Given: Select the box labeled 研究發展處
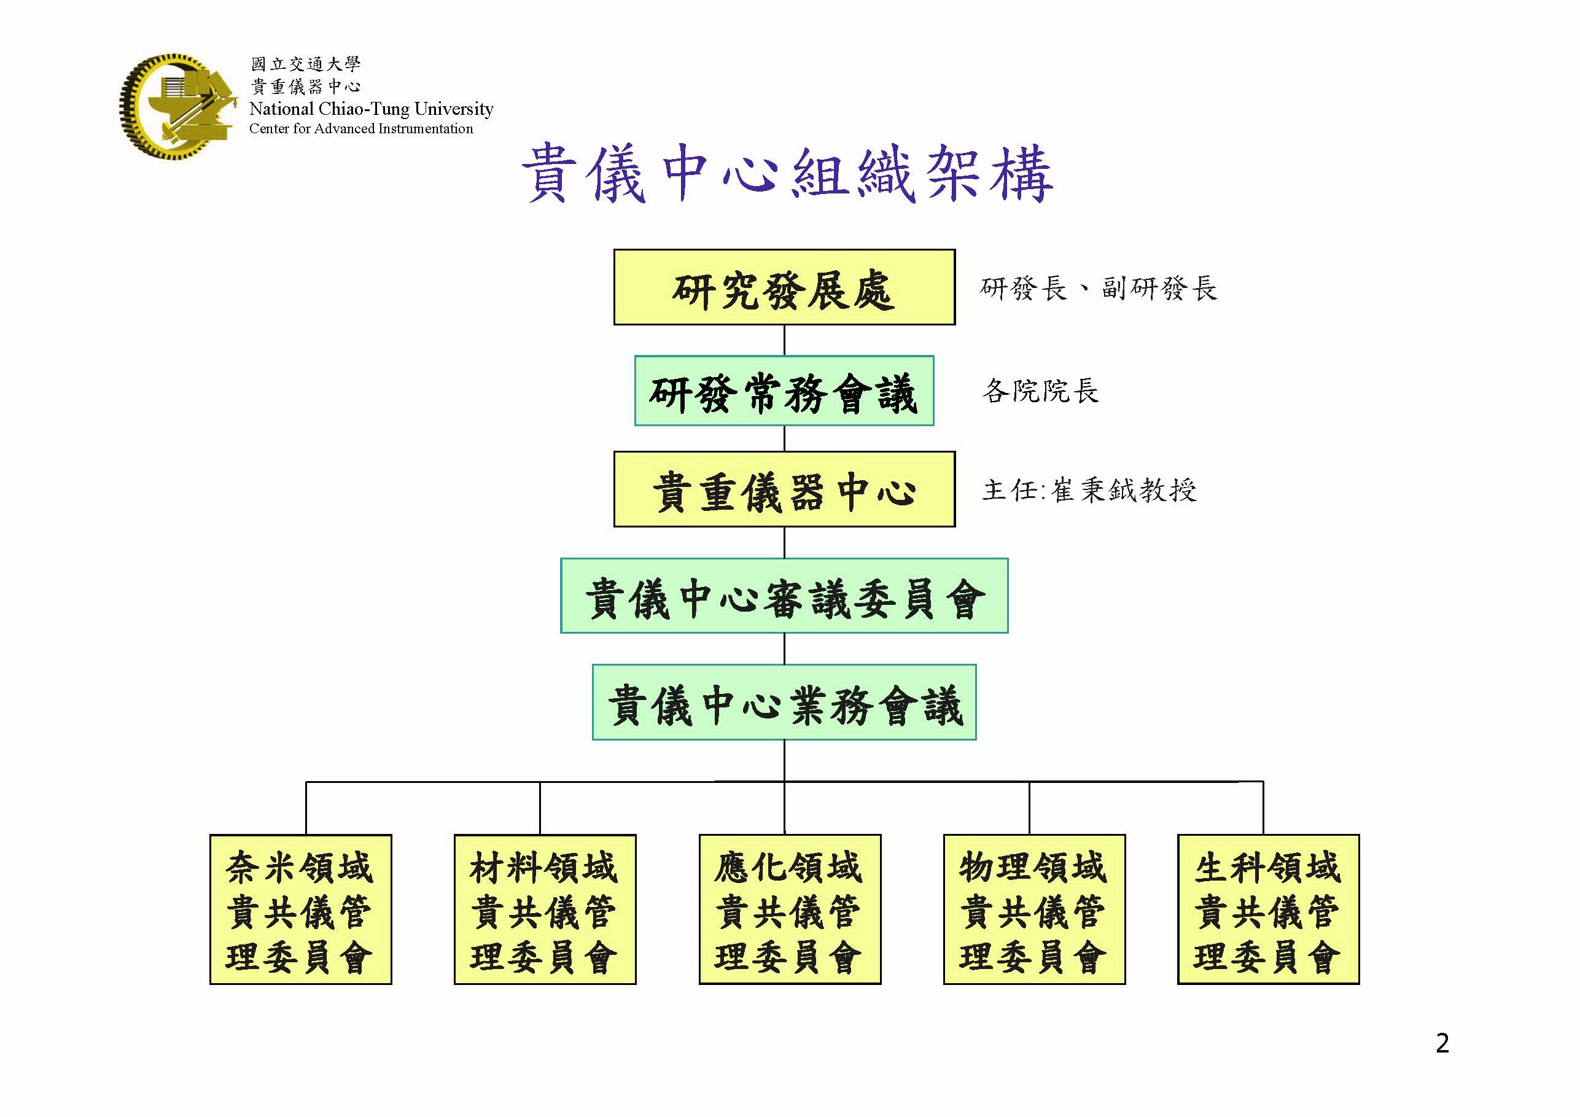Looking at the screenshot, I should tap(784, 287).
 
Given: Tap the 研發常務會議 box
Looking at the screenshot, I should tap(784, 391).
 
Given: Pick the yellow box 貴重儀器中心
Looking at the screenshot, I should tap(784, 489).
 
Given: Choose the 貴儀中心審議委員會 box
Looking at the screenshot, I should tap(784, 596).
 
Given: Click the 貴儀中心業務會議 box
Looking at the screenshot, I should tap(784, 702).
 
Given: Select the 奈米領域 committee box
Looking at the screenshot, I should tap(301, 909).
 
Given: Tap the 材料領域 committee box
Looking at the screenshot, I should tap(544, 909).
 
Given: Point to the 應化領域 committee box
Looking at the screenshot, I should tap(789, 909).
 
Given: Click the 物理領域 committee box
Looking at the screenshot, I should tap(1033, 909).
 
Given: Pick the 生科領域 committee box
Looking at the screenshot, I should tap(1267, 909).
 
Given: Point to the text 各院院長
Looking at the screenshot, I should tap(1040, 391).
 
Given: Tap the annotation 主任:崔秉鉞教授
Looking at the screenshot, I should tap(1089, 490).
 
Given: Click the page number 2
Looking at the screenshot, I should tap(1442, 1043).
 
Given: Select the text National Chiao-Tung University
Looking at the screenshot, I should tap(371, 109).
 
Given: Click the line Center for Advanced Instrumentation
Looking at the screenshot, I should tap(360, 129).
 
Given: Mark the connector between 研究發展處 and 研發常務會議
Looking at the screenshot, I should tap(785, 340).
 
